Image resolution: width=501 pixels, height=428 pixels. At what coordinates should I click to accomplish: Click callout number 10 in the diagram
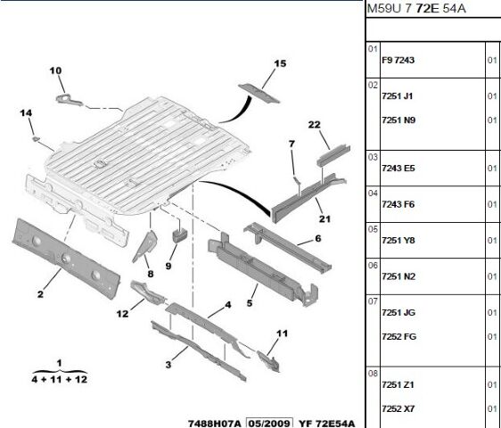tap(55, 70)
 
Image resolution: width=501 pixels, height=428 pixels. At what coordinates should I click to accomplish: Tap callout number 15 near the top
tap(279, 63)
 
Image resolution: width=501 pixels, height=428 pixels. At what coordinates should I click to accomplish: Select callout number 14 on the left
tap(26, 112)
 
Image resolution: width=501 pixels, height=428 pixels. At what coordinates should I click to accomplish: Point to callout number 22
tap(314, 125)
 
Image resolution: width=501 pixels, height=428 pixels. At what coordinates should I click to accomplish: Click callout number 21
tap(322, 219)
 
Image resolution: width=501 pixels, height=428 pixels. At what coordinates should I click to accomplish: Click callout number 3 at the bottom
tap(167, 364)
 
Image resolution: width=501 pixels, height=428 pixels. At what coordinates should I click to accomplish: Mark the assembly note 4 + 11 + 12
tap(59, 379)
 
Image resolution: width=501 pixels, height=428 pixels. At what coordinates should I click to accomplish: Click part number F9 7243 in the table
tap(398, 60)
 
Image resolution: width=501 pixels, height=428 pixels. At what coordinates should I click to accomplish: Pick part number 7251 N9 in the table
tap(398, 119)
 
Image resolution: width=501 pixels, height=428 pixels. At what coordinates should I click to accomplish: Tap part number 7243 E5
tap(398, 168)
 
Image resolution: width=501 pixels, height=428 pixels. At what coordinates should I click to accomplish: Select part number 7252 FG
tap(398, 336)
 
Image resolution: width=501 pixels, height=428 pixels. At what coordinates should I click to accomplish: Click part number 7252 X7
tap(398, 408)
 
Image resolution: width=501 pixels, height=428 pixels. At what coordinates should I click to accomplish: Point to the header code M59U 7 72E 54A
tap(415, 9)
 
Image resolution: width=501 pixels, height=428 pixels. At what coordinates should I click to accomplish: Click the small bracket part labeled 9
tap(178, 235)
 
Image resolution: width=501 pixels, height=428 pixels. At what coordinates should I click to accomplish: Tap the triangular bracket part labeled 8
tap(144, 244)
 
